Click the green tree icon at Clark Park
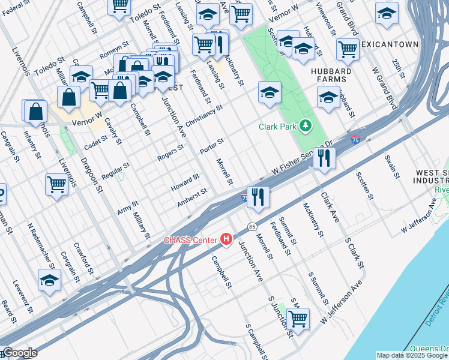(307, 125)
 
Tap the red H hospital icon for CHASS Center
(226, 240)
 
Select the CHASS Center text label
(191, 241)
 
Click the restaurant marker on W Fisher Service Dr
(324, 158)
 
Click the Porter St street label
(212, 145)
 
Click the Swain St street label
(393, 167)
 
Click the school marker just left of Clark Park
(270, 93)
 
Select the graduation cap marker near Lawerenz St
(49, 280)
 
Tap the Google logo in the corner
(19, 353)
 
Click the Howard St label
(185, 181)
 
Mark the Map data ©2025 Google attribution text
(412, 355)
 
